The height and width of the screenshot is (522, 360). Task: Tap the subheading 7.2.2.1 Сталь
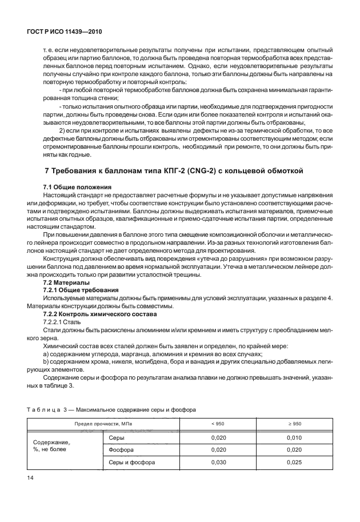(66, 322)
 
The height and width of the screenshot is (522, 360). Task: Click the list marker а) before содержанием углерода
(46, 354)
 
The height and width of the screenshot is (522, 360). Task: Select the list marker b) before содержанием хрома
(46, 362)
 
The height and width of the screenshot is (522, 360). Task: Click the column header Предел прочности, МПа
(101, 424)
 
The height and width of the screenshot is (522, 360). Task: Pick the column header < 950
(217, 424)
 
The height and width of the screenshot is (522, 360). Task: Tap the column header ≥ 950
(295, 424)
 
